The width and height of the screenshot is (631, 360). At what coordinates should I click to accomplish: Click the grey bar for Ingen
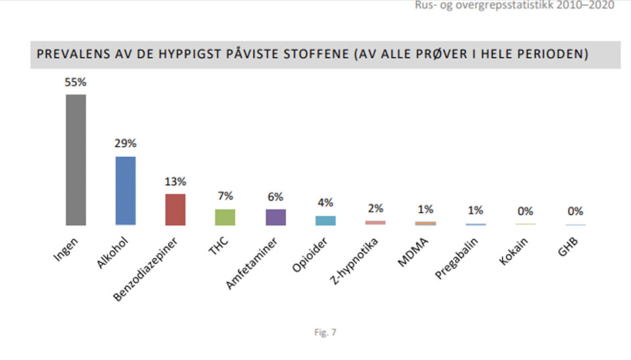pos(76,160)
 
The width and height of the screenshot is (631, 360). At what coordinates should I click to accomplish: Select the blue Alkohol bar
pos(126,191)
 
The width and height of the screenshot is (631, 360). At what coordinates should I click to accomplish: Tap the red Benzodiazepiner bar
pos(175,210)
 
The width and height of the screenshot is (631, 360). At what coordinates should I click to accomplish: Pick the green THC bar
pos(225,217)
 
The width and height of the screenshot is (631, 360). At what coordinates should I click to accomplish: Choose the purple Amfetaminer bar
pos(275,217)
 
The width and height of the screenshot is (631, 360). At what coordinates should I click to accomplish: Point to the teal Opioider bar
pos(325,221)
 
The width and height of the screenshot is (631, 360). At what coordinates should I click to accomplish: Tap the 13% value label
pos(175,182)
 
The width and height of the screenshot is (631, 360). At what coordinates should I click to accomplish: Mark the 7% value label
pos(225,196)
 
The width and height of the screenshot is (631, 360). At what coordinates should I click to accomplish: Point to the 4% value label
pos(325,203)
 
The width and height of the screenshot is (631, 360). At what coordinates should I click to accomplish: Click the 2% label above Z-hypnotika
pos(375,208)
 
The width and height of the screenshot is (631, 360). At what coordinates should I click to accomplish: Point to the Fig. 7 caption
pos(325,332)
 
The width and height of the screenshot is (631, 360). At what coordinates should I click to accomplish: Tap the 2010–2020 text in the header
pos(586,6)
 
